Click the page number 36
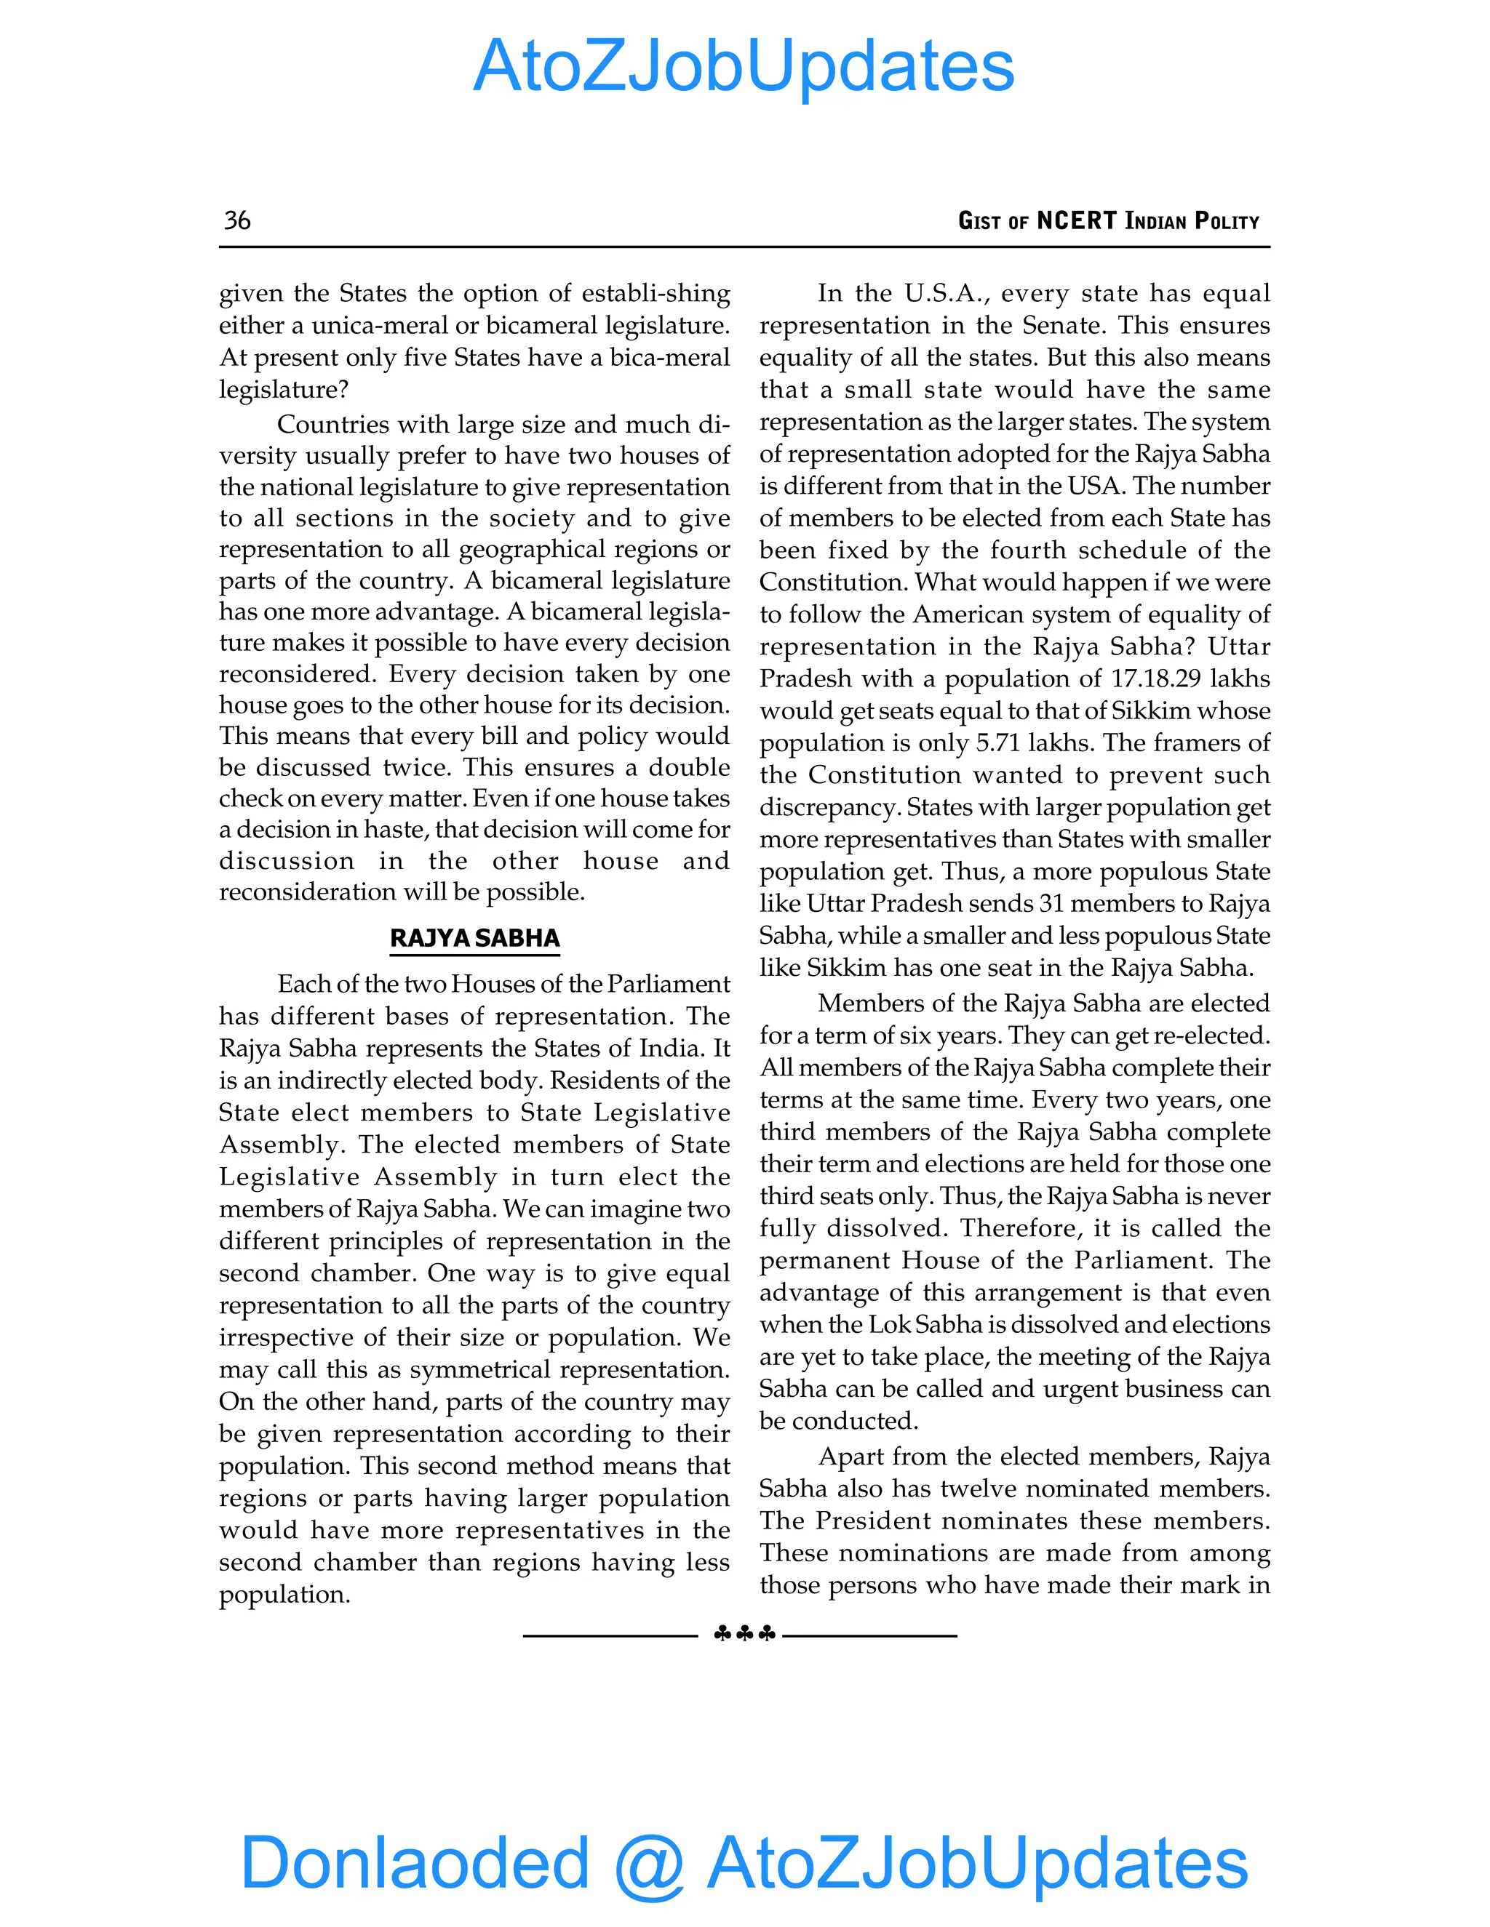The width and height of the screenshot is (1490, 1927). pyautogui.click(x=236, y=220)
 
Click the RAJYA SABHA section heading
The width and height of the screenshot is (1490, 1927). pyautogui.click(x=475, y=938)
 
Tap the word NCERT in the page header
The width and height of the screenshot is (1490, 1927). pyautogui.click(x=1076, y=220)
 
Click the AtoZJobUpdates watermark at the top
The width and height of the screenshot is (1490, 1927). pyautogui.click(x=744, y=66)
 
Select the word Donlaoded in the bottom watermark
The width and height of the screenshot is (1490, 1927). pyautogui.click(x=415, y=1862)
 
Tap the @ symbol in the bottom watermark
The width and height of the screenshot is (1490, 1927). pyautogui.click(x=648, y=1864)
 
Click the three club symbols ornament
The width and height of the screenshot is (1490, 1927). pyautogui.click(x=744, y=1634)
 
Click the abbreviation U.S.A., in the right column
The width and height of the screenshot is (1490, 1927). pyautogui.click(x=945, y=293)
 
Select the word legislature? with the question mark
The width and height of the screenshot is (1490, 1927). pyautogui.click(x=283, y=389)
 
